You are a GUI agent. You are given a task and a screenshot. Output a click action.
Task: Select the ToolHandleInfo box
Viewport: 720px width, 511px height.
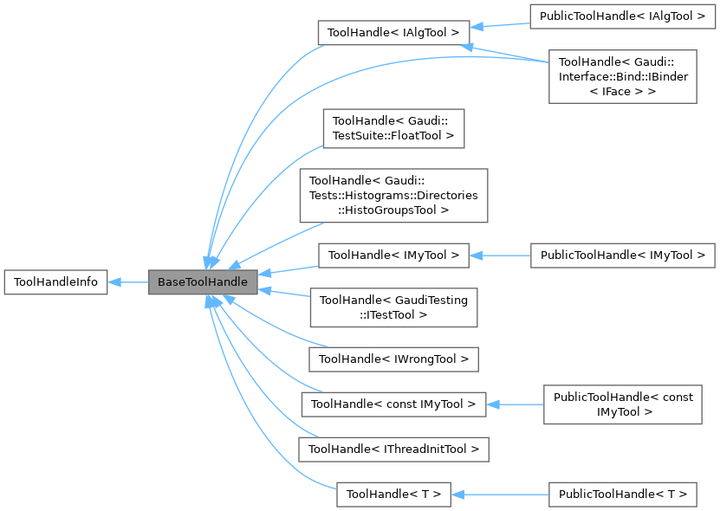coord(55,282)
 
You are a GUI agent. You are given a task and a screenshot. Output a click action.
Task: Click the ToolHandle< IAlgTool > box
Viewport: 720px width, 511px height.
coord(393,32)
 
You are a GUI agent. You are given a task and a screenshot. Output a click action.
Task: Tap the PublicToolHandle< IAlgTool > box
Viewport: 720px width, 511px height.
coord(622,16)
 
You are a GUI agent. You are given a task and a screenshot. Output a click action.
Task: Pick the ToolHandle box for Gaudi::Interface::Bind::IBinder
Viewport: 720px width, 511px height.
coord(622,76)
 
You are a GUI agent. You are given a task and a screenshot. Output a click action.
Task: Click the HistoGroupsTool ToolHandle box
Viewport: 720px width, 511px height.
coord(393,196)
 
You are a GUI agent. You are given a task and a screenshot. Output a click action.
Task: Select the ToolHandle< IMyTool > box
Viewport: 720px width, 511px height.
coord(393,255)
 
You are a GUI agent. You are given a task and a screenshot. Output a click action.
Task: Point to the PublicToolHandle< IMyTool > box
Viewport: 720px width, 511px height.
coord(622,255)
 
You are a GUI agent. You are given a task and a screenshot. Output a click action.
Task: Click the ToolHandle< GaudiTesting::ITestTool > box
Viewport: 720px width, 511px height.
coord(393,307)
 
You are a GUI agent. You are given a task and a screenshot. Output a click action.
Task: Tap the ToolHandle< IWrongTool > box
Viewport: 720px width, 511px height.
coord(393,359)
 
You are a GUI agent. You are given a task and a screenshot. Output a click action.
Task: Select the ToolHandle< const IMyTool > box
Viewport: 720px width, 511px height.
coord(393,404)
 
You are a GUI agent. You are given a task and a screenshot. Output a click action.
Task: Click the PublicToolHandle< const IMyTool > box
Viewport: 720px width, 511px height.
coord(622,404)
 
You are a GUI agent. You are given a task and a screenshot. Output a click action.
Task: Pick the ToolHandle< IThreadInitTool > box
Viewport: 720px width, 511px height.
coord(393,449)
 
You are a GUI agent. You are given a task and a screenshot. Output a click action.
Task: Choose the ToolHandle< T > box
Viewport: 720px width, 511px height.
coord(393,495)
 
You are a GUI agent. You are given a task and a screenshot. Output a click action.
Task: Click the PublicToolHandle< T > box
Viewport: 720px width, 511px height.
coord(622,495)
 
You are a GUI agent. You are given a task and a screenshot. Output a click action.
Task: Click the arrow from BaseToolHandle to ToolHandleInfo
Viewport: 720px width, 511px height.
coord(128,282)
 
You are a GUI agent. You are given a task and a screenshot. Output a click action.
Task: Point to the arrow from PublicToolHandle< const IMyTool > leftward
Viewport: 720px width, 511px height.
coord(515,404)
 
